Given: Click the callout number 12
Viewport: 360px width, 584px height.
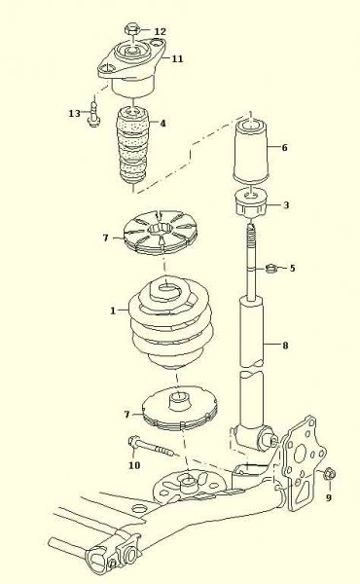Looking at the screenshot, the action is [x=160, y=31].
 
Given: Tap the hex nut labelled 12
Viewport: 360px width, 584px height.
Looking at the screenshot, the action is [x=132, y=28].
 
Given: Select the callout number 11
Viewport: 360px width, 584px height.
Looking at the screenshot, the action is [x=177, y=58].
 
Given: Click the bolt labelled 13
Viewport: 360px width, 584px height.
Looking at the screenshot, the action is [x=93, y=113].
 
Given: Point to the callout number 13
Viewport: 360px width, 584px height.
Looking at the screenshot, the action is [x=75, y=113].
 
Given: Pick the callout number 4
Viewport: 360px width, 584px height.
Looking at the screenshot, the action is [x=162, y=124].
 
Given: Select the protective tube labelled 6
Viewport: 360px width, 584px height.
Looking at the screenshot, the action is [x=251, y=151].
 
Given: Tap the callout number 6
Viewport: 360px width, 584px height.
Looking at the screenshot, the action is [x=284, y=148].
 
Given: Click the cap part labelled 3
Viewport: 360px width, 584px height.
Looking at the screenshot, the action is [x=252, y=203].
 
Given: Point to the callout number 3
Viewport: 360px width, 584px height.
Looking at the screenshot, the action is [x=286, y=204].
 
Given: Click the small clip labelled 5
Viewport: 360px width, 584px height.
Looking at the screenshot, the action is [x=272, y=268].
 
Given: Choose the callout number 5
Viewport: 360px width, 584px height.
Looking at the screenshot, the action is [x=292, y=268].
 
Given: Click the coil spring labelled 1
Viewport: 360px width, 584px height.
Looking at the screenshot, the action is [x=171, y=323].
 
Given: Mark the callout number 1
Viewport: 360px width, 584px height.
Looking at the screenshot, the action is [x=113, y=310].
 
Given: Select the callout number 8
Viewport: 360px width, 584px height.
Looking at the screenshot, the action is [x=285, y=346].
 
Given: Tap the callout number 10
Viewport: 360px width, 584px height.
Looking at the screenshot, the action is [x=134, y=465].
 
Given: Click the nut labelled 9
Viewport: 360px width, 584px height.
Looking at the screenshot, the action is [x=330, y=474].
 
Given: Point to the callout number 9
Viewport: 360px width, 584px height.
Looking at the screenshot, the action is [x=328, y=497].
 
